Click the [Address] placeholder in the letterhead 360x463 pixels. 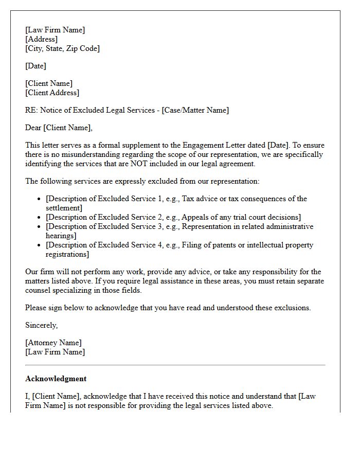tap(41, 39)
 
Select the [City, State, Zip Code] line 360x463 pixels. tap(62, 48)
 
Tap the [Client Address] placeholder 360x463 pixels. tap(52, 93)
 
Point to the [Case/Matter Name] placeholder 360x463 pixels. tap(195, 110)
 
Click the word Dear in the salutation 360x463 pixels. tap(33, 128)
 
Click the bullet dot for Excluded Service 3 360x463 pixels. tap(40, 227)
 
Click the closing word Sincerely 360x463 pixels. tap(41, 325)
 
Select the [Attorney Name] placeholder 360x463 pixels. tap(53, 343)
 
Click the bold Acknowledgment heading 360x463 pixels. tap(56, 379)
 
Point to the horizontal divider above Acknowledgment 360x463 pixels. tap(175, 365)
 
